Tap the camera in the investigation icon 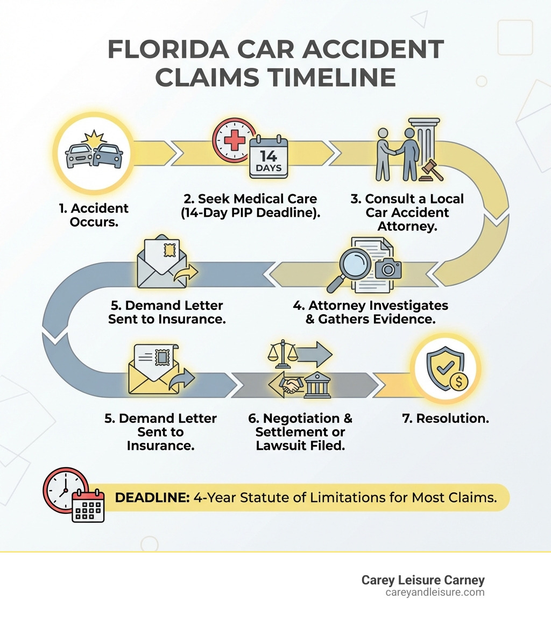click(x=388, y=267)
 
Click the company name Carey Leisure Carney click(x=423, y=580)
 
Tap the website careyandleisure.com click(x=435, y=592)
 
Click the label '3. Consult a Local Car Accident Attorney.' click(x=407, y=212)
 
